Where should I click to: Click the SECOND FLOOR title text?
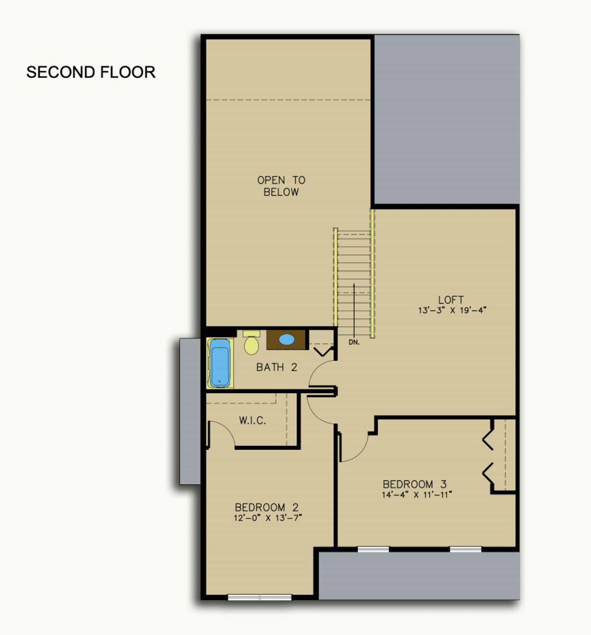point(91,72)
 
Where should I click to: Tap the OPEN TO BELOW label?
point(281,186)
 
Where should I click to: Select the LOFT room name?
point(451,300)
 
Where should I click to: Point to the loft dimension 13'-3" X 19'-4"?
point(452,310)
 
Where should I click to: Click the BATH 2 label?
point(276,367)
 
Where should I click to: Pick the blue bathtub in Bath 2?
point(220,363)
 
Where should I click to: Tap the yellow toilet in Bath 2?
point(252,343)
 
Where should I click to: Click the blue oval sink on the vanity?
point(287,339)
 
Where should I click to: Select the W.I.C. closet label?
point(252,420)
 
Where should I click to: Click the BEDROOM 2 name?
point(266,507)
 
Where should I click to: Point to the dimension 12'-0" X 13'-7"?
point(267,518)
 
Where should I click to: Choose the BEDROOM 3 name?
point(414,484)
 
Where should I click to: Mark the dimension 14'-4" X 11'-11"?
point(417,494)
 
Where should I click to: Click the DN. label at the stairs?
point(354,342)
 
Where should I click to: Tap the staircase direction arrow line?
point(354,310)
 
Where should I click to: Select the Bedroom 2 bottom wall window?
point(260,597)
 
